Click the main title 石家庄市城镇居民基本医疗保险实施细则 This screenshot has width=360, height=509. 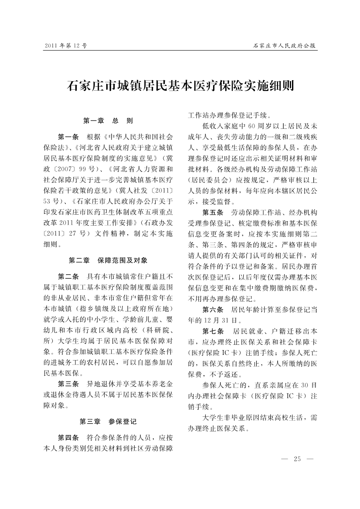[x=180, y=84]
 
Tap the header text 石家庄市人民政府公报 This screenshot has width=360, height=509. [x=285, y=45]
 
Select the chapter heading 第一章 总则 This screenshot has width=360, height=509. [x=108, y=121]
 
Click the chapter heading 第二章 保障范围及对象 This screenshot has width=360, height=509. [x=108, y=260]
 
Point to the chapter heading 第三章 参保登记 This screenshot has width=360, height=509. [x=108, y=421]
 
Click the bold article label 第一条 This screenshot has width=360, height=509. [x=68, y=136]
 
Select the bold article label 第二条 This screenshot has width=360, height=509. [x=68, y=276]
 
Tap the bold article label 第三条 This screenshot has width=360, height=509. [x=68, y=384]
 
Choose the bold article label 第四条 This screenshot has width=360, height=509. [x=68, y=437]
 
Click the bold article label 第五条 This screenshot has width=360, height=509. [x=213, y=212]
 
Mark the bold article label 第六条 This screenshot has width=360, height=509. [x=213, y=310]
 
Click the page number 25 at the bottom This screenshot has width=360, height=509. [x=298, y=458]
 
